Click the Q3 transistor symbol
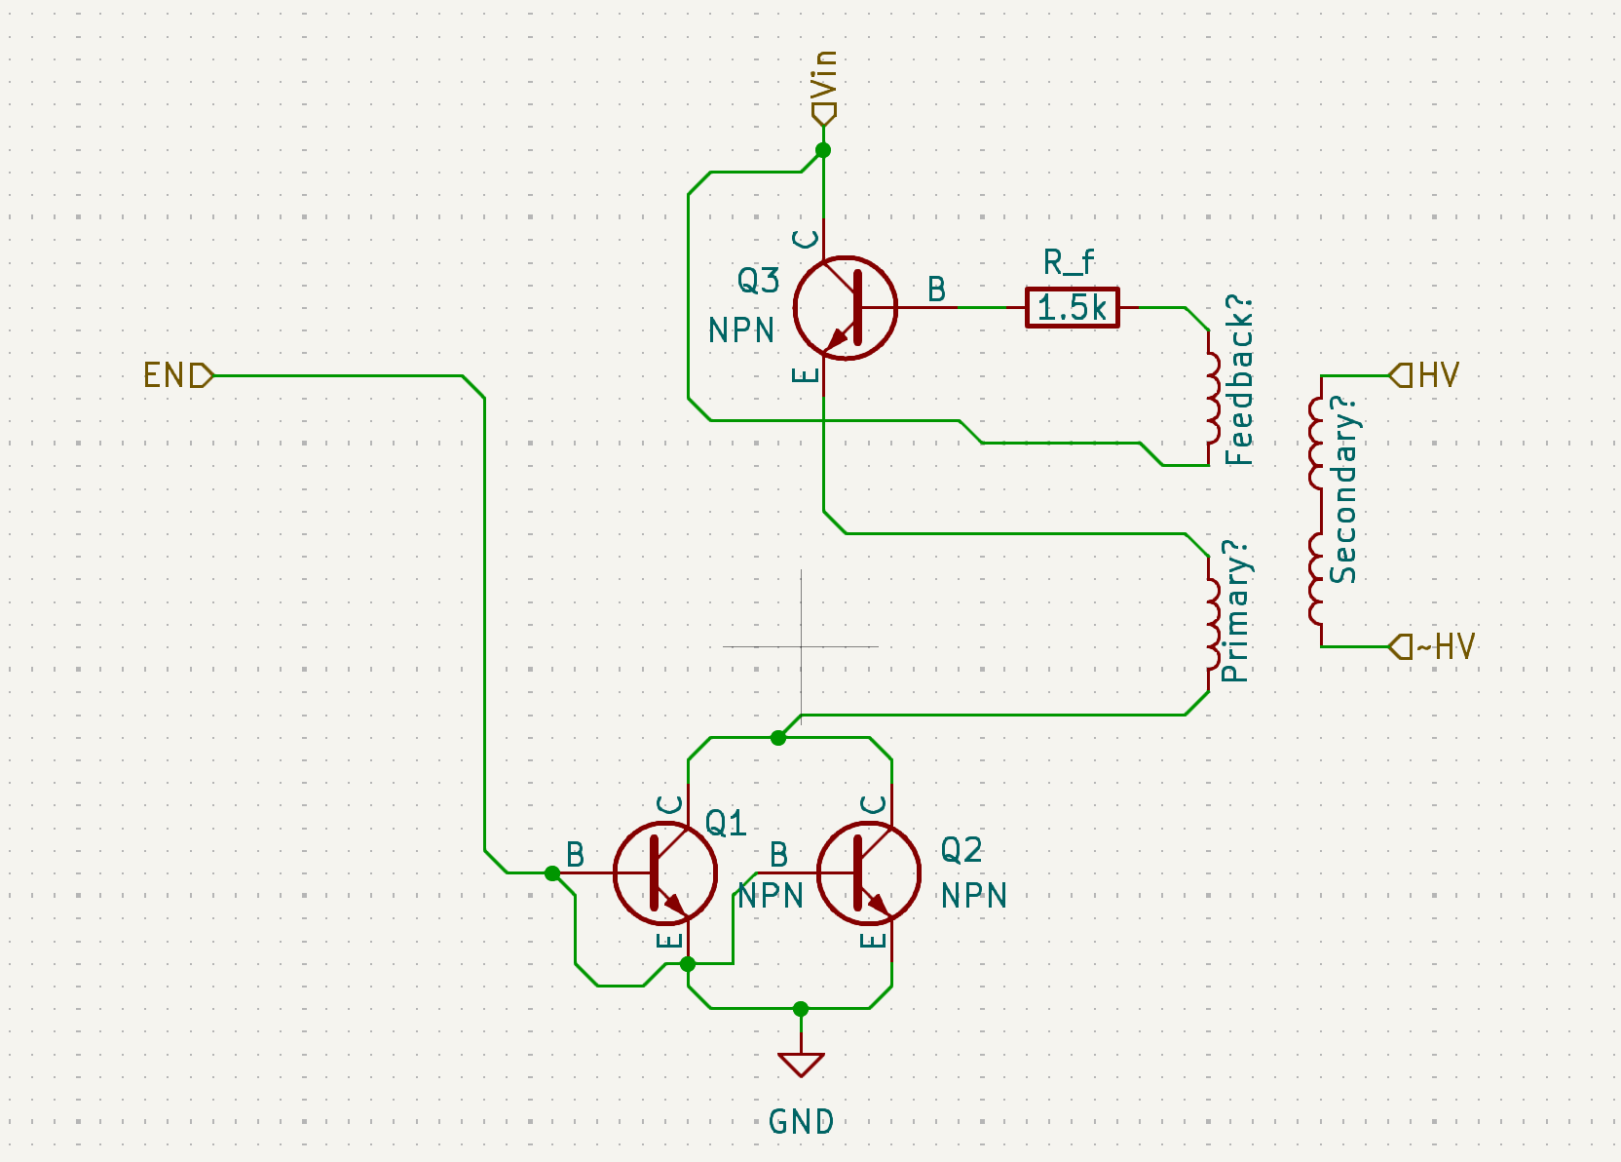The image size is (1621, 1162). pos(846,308)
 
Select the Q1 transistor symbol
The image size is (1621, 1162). pos(665,873)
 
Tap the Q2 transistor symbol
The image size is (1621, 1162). pos(868,873)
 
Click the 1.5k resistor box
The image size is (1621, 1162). pos(1072,308)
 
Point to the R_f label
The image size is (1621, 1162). pos(1068,262)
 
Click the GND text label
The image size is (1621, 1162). pos(801,1121)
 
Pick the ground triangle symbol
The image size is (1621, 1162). pos(801,1065)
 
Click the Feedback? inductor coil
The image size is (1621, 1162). pos(1212,398)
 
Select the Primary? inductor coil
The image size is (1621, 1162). pos(1212,623)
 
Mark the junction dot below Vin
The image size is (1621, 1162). pos(823,150)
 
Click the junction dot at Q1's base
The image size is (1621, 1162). pos(552,873)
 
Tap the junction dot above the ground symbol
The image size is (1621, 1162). pos(801,1009)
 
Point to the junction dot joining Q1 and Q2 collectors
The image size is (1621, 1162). pos(778,738)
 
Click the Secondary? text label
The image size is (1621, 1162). pos(1343,489)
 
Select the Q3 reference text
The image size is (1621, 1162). pos(759,280)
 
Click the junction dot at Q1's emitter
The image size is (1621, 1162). pos(688,964)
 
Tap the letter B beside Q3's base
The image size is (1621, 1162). pos(936,290)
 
